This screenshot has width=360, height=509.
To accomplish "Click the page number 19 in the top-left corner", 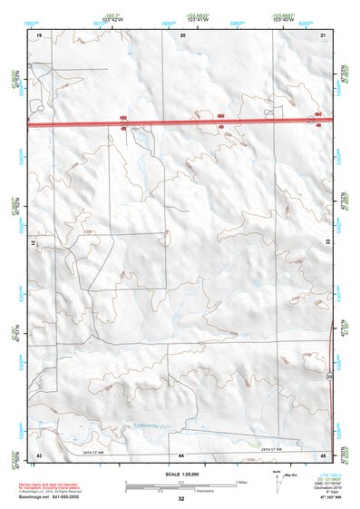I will click(x=39, y=34).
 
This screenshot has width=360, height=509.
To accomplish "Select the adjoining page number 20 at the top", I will click(x=184, y=34).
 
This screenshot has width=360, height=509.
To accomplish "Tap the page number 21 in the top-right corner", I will click(x=324, y=34).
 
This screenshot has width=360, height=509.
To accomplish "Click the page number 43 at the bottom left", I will click(x=39, y=454).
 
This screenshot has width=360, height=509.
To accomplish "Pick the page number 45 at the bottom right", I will click(x=324, y=454).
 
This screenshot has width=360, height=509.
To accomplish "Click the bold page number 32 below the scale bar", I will click(x=181, y=499).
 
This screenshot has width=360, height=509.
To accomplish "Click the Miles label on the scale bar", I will click(x=240, y=480).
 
